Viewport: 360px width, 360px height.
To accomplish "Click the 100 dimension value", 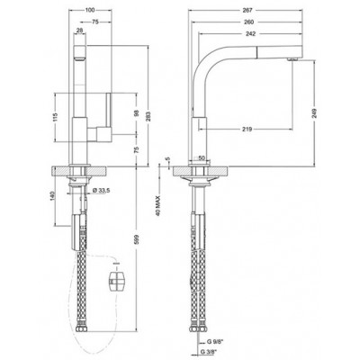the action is point(90,10).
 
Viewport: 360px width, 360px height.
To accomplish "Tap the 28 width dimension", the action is point(80,30).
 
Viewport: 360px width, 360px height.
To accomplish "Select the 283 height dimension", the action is point(148,115).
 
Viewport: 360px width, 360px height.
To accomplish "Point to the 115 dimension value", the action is point(55,117).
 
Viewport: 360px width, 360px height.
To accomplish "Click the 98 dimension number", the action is point(137,113).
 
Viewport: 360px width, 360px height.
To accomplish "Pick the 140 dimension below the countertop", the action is point(54,195).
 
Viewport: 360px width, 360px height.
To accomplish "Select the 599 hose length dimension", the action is point(137,239).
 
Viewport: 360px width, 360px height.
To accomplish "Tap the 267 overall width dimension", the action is point(247,10).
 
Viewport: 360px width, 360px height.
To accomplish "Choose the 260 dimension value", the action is point(249,22).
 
